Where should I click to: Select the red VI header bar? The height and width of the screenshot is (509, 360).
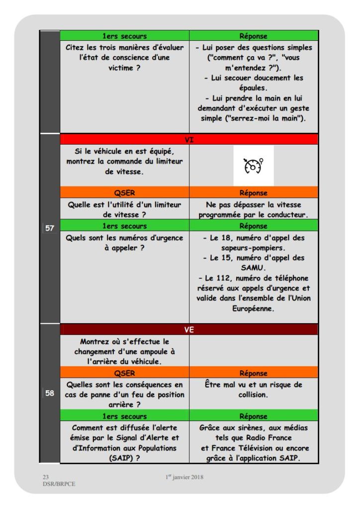[x=189, y=140]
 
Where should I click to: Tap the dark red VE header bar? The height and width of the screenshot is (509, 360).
[x=189, y=329]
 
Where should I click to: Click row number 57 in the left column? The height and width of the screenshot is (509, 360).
[x=50, y=229]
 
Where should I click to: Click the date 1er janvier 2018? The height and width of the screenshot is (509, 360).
[x=184, y=477]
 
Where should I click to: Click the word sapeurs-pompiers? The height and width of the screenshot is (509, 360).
[x=253, y=248]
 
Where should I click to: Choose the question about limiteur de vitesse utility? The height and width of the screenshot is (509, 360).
[x=124, y=209]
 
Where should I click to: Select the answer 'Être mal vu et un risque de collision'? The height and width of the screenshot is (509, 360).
[x=253, y=390]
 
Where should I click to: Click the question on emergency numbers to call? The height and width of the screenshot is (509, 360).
[x=124, y=243]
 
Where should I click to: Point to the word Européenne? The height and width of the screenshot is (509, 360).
[x=253, y=308]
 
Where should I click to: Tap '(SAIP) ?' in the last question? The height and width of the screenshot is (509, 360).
[x=124, y=458]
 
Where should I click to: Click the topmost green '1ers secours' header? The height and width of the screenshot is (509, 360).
[x=124, y=36]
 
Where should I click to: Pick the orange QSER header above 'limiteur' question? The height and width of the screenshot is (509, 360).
[x=124, y=192]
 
